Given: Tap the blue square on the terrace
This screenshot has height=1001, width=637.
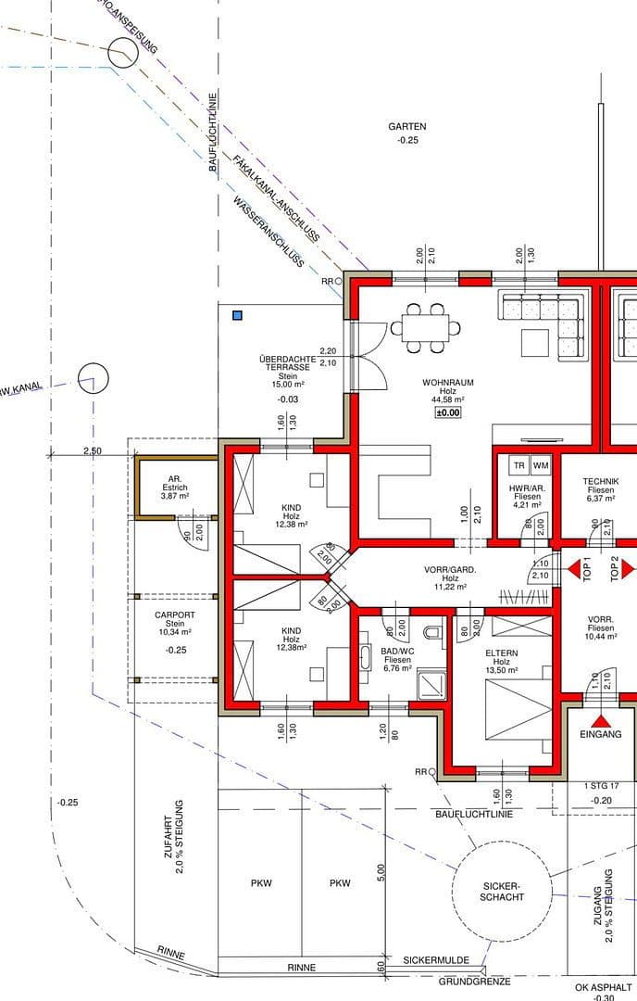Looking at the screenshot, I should pos(238,316).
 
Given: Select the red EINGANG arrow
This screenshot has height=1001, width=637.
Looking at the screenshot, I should pos(602,720).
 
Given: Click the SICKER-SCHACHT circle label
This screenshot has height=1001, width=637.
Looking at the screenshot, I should pos(503,891).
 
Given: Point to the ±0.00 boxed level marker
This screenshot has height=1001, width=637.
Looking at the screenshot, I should pos(448,412).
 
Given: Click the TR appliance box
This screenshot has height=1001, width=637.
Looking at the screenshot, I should pos(519,465).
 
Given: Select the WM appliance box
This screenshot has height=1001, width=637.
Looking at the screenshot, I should pos(541,465).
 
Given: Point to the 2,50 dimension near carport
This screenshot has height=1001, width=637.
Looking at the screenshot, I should pos(93,451).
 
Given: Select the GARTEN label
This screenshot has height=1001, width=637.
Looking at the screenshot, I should pos(407,126).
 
